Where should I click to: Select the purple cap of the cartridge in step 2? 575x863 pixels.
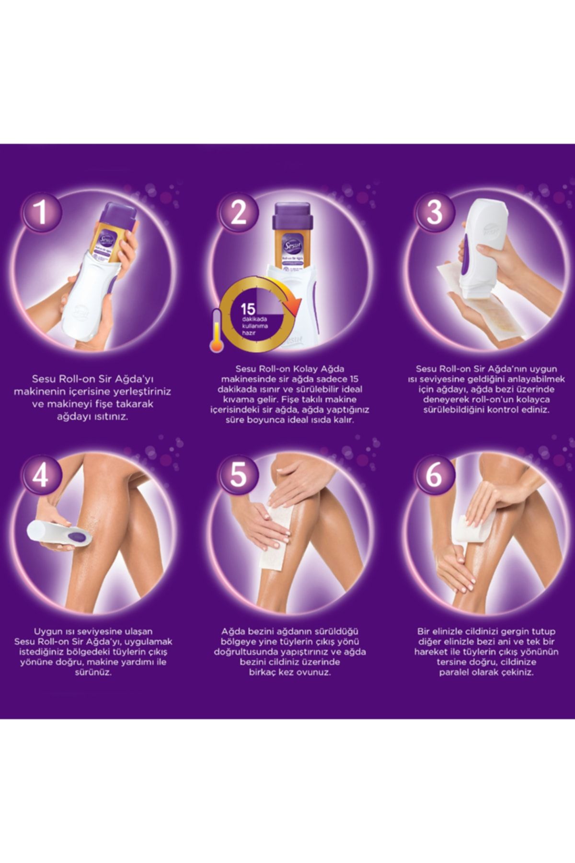(x=293, y=217)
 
